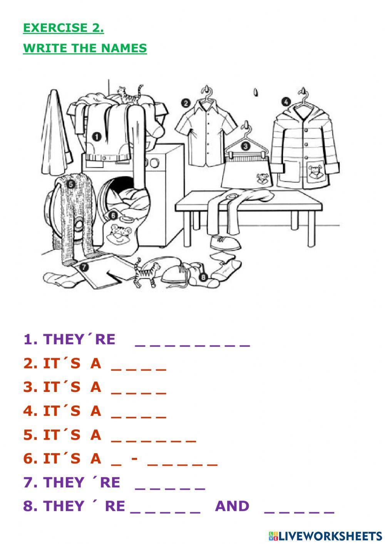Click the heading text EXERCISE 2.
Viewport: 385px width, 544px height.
point(63,28)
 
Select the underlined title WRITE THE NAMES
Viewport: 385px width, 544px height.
point(85,49)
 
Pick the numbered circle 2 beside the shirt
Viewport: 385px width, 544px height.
point(186,103)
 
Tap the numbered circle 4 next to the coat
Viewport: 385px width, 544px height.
point(286,102)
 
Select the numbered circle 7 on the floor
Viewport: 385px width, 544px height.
point(84,266)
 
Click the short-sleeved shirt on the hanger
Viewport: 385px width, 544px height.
point(207,133)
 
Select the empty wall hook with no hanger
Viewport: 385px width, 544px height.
point(255,92)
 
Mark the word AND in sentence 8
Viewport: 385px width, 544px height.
point(232,506)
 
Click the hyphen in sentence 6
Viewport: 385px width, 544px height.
point(134,459)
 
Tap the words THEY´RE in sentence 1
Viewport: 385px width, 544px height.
point(79,339)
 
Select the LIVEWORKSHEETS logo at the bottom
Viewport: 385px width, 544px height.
point(325,536)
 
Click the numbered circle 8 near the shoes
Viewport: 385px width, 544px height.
point(203,276)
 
